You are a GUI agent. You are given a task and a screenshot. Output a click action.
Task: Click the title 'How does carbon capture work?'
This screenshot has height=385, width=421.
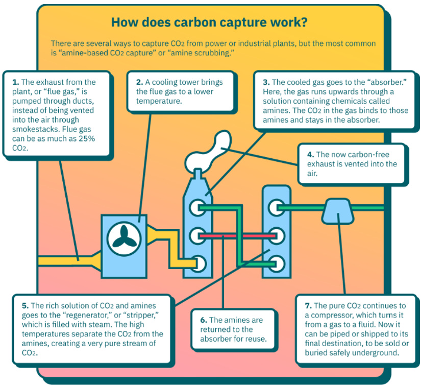click(209, 23)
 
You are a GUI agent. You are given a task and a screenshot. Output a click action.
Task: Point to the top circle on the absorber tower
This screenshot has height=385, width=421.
click(196, 208)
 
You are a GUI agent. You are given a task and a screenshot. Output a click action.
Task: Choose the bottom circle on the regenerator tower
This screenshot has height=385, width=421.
click(277, 264)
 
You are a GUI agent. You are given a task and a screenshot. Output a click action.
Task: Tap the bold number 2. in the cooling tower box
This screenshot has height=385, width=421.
click(139, 82)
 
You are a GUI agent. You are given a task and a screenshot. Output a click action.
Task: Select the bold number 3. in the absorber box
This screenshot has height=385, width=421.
click(266, 82)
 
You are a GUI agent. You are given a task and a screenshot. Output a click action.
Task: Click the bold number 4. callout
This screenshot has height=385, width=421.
click(310, 154)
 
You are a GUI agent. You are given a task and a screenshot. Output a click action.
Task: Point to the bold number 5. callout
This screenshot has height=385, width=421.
click(25, 306)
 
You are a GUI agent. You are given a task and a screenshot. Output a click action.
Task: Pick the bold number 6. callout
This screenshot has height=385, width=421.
click(204, 320)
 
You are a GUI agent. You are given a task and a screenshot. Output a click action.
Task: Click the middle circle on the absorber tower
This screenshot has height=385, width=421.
click(196, 236)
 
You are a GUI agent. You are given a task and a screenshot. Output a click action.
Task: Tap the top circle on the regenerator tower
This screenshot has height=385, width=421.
click(277, 208)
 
